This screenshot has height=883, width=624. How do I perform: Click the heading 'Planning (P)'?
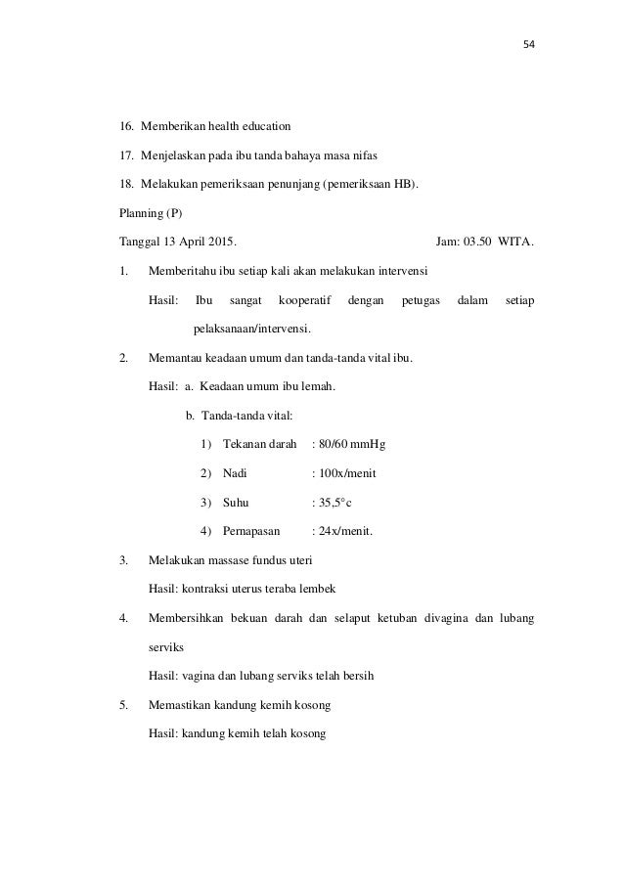coord(144,208)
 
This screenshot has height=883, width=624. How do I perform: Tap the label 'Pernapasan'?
coord(251,532)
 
